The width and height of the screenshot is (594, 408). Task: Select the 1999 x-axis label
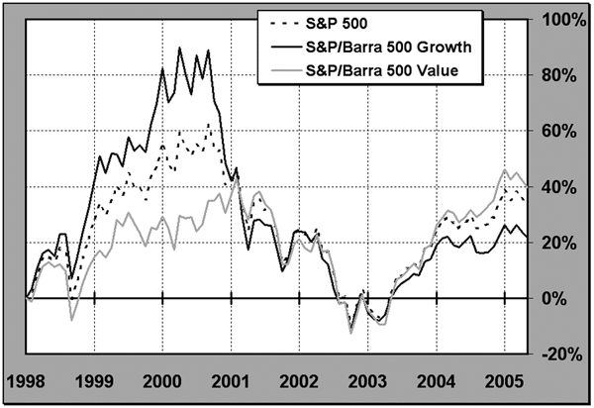point(93,381)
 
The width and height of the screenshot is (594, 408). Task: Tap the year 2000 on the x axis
point(161,381)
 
